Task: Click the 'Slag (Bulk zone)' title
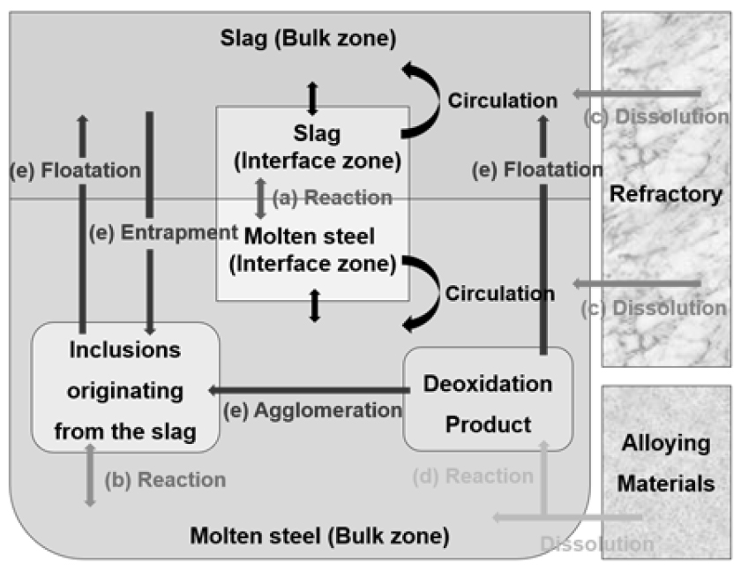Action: (x=308, y=40)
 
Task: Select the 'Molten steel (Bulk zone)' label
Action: (x=320, y=535)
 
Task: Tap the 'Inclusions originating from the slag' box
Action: (x=124, y=389)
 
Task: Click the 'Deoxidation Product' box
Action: (x=488, y=403)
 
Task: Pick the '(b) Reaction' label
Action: (x=165, y=481)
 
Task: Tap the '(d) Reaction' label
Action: (x=473, y=476)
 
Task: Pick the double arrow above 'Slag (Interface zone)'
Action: (x=311, y=97)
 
